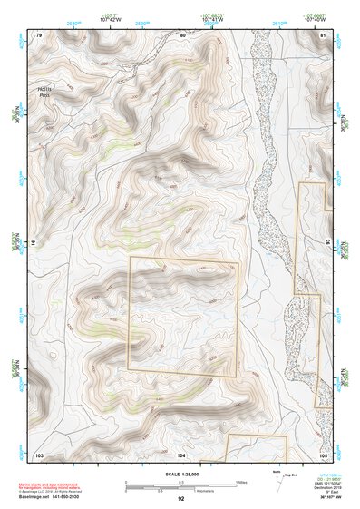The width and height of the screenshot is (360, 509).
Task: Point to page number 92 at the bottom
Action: [181, 498]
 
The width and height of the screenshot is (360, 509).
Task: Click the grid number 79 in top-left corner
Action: [39, 34]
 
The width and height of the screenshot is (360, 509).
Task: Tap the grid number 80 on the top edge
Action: [182, 34]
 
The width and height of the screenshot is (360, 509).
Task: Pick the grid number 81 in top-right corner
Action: [323, 34]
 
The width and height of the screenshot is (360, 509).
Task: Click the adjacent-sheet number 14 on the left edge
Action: [34, 243]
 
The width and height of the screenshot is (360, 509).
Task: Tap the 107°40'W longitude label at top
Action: [313, 19]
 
